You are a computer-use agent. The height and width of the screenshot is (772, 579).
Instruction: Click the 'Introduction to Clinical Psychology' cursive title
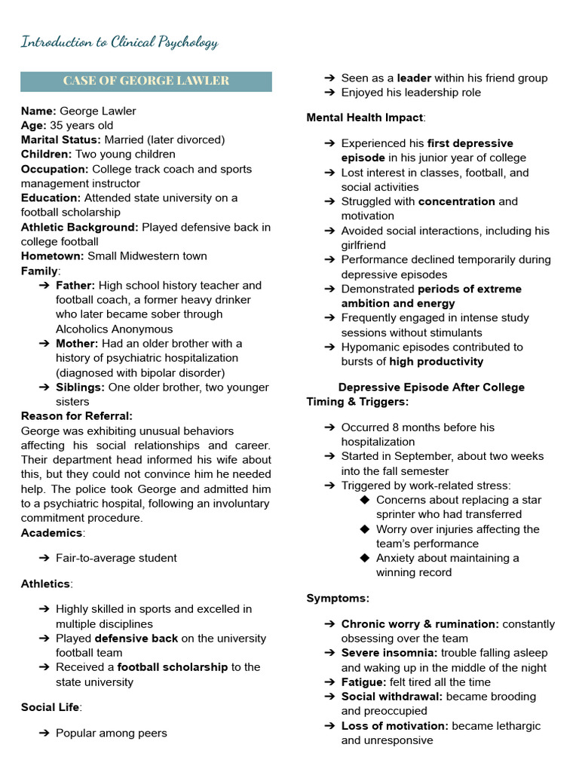click(119, 42)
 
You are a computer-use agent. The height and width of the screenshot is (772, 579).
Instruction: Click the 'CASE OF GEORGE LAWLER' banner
click(146, 81)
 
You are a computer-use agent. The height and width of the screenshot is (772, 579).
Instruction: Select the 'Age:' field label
click(33, 126)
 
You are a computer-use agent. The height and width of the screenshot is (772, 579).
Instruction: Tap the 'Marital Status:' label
click(60, 140)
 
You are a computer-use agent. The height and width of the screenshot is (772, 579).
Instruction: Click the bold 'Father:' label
click(75, 286)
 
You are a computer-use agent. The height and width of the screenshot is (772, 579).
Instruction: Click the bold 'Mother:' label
click(76, 344)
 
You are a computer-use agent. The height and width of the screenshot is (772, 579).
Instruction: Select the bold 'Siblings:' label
click(80, 388)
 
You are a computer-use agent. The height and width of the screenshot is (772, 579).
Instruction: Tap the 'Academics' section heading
click(51, 533)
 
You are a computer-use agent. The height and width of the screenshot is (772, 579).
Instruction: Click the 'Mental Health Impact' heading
click(364, 118)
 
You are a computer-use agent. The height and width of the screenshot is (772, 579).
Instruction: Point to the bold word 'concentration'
click(456, 202)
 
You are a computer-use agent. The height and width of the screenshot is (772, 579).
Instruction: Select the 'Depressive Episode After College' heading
click(431, 388)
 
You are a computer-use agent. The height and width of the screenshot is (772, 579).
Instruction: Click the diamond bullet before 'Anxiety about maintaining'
click(365, 559)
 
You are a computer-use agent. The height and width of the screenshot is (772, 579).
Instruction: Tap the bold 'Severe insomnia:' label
click(389, 653)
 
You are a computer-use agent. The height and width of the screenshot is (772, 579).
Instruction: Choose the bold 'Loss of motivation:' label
click(394, 726)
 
